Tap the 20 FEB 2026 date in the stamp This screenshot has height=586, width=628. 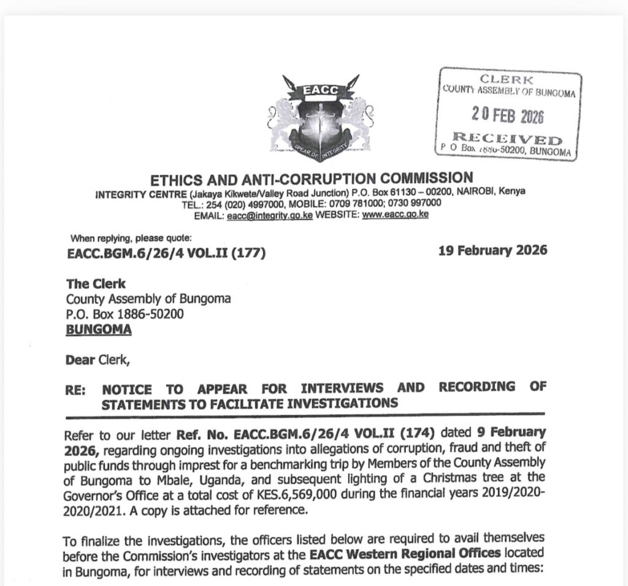point(508,115)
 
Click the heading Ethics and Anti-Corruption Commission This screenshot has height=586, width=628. point(312,179)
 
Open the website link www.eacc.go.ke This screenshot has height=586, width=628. point(395,215)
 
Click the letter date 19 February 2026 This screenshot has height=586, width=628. point(493,250)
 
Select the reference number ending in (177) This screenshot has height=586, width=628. point(166,252)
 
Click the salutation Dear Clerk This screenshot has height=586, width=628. point(98,360)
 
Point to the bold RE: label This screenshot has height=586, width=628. point(75,388)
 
